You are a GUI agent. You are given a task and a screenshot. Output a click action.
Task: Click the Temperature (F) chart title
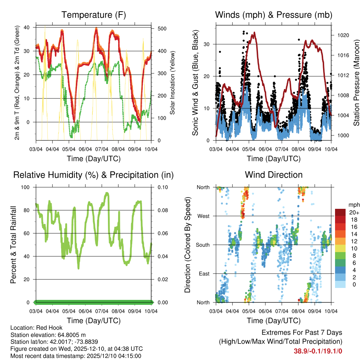click(94, 15)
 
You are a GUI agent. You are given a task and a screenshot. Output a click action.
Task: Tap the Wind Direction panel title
click(274, 175)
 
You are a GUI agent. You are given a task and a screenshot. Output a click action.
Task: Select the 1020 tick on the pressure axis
click(343, 35)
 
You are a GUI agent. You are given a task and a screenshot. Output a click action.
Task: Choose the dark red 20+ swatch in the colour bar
click(341, 212)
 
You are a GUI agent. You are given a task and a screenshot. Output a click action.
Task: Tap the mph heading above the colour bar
click(353, 205)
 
